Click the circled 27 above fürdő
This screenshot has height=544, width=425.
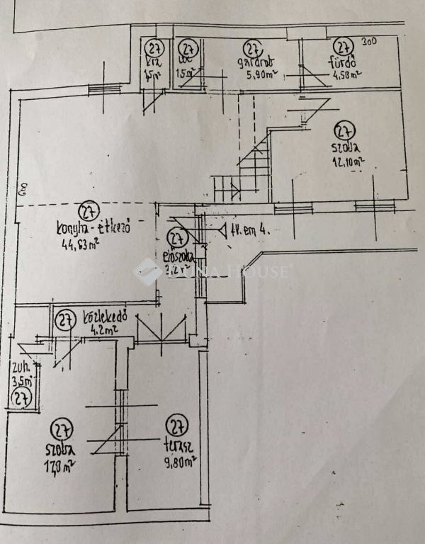tap(344, 47)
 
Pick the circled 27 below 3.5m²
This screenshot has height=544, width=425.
tap(20, 399)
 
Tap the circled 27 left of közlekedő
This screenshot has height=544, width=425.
tap(67, 321)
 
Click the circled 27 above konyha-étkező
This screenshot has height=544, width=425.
tap(89, 212)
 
